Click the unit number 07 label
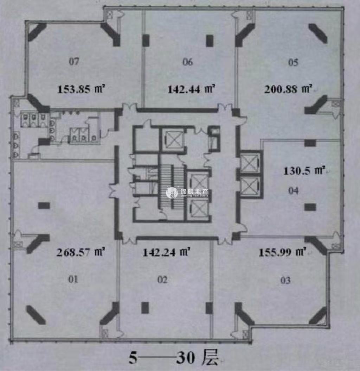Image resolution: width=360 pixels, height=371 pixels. point(74,62)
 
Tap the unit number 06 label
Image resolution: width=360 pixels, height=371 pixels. point(188,62)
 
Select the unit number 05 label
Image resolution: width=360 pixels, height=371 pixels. point(293,62)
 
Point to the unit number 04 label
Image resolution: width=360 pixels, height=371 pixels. point(293,191)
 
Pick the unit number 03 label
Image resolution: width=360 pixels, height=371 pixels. point(285,281)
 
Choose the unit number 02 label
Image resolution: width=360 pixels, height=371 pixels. point(162,280)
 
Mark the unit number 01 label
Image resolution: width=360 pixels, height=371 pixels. point(73,279)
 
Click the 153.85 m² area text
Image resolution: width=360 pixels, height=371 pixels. point(81,89)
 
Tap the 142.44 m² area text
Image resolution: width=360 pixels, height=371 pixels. point(191,89)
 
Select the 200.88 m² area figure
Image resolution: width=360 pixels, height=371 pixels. point(288,89)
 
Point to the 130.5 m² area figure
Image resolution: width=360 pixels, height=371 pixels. point(304,170)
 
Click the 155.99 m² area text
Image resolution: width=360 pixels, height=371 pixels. point(283,252)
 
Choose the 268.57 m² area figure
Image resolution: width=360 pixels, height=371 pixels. point(81,252)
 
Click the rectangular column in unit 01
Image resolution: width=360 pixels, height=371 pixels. point(44,206)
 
